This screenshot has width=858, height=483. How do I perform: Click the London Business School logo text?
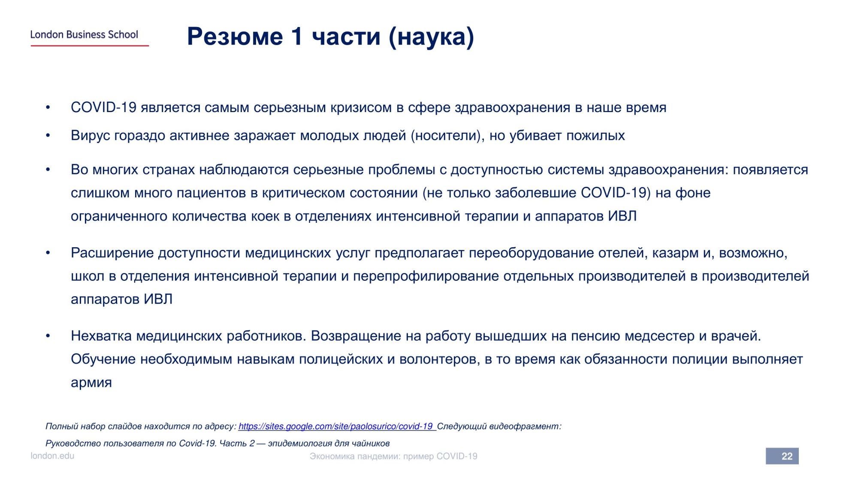point(84,34)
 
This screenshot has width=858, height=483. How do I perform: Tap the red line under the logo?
point(90,46)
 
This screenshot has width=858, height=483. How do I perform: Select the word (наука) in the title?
point(432,37)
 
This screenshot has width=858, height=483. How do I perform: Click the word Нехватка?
point(101,336)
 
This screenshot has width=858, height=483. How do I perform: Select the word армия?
point(91,383)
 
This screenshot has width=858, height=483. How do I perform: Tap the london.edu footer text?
point(52,456)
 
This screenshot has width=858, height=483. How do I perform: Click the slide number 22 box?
point(782,456)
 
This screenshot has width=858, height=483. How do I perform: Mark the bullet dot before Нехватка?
point(48,336)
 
